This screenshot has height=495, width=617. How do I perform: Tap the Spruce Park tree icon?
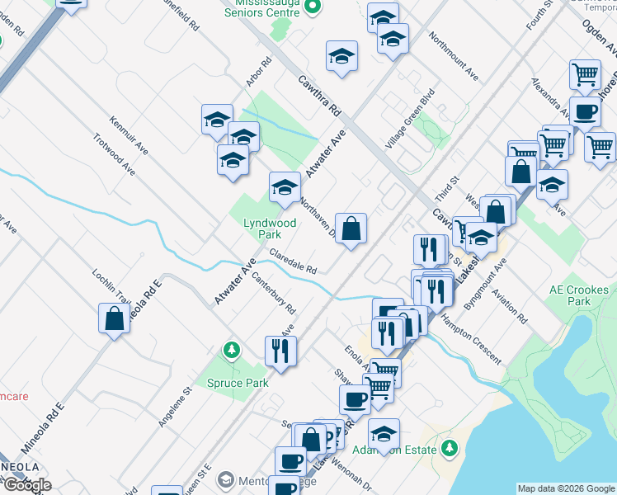click(x=233, y=351)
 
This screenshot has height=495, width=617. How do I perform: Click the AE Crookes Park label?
click(x=579, y=295)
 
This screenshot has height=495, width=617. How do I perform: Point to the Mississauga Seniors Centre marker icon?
click(x=312, y=8)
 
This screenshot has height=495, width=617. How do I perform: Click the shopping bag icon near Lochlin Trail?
click(x=114, y=318)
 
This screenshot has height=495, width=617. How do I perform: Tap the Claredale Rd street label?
click(x=293, y=262)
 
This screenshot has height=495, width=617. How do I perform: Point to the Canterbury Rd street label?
click(x=273, y=294)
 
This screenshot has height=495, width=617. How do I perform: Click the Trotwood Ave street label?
click(x=114, y=154)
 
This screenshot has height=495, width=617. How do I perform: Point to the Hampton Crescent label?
click(x=471, y=338)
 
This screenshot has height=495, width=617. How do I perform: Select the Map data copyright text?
click(x=566, y=488)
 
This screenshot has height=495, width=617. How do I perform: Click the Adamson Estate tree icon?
click(x=450, y=448)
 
